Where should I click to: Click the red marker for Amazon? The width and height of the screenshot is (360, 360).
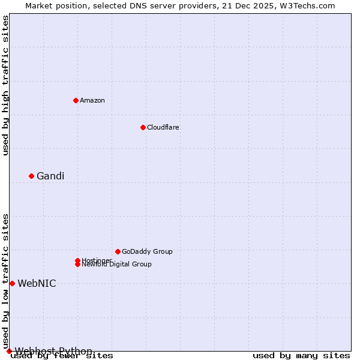(x=76, y=100)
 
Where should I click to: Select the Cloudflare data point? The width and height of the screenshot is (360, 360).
(x=143, y=127)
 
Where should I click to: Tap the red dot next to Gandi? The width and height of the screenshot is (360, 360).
(x=31, y=176)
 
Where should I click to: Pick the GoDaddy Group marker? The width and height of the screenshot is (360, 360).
(x=118, y=251)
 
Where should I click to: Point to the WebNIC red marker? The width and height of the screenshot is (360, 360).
(x=12, y=283)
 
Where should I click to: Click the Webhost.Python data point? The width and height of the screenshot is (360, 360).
(x=9, y=351)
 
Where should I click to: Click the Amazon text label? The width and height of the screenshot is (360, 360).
(x=92, y=100)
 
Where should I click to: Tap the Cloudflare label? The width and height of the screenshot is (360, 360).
(x=163, y=127)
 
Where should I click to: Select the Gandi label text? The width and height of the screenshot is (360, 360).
(x=50, y=176)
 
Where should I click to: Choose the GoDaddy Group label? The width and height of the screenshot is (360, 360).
(x=147, y=251)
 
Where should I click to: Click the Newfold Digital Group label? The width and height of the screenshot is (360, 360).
(x=117, y=265)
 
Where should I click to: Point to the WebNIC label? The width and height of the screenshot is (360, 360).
(x=37, y=283)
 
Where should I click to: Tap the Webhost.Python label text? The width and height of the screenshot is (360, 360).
(x=54, y=351)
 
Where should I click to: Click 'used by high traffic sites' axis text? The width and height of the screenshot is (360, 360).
(x=5, y=85)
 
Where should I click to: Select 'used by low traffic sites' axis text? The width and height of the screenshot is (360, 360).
(x=5, y=281)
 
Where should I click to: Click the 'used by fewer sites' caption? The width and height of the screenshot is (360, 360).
(x=62, y=356)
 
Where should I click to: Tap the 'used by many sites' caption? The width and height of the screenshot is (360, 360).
(x=301, y=356)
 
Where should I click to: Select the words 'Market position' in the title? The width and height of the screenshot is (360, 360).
(x=53, y=5)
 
